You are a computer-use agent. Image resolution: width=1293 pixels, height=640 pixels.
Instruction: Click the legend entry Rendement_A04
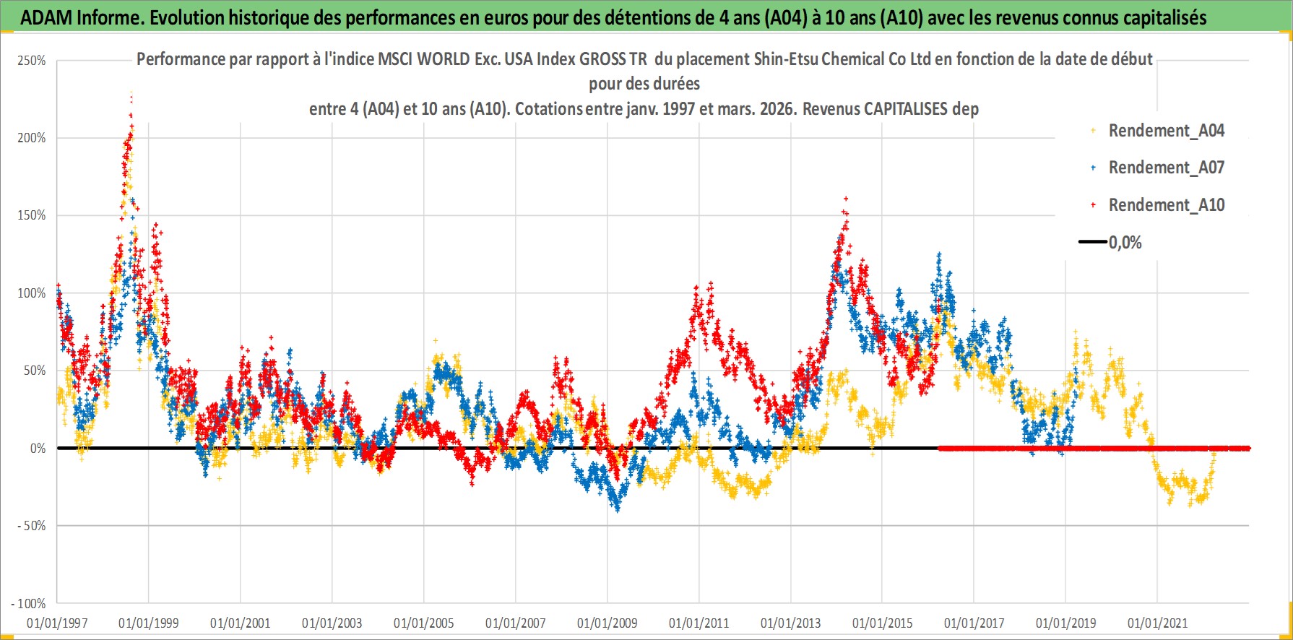1166,131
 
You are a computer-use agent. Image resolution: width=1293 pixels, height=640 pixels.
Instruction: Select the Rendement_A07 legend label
1166,168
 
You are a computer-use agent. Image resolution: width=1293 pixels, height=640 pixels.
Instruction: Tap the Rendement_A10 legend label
1166,205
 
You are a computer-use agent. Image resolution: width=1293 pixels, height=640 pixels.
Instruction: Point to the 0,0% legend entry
1125,243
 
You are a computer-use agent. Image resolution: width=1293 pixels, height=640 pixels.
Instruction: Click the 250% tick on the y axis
32,61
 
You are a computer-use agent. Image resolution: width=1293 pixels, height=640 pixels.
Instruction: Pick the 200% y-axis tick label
32,138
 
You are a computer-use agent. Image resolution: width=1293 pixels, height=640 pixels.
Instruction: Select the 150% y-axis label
32,215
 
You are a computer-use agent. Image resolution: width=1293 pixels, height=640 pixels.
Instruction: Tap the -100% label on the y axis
29,603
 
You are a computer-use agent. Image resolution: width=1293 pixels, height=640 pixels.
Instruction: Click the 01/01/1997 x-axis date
57,623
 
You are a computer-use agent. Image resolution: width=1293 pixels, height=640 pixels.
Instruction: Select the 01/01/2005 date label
424,623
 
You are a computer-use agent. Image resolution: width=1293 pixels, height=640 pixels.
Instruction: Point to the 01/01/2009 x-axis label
607,623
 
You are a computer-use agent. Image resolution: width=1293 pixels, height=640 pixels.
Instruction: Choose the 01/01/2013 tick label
791,623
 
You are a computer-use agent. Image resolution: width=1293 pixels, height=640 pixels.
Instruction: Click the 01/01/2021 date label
1158,623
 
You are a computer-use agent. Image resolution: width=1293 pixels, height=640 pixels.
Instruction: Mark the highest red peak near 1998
131,94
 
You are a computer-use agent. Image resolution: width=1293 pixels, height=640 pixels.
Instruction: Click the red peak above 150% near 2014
846,199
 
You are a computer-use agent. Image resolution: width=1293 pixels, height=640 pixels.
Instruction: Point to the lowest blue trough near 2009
617,509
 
